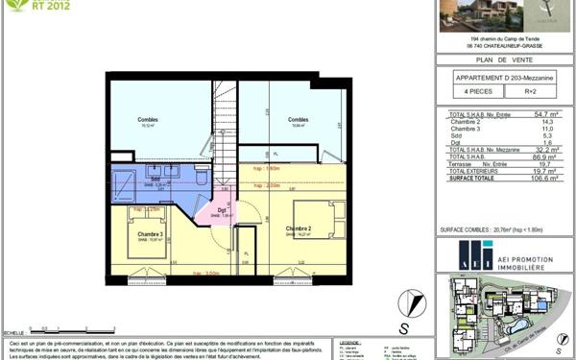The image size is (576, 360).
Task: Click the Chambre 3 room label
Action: [149, 235]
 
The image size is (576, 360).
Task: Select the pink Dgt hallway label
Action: [221, 210]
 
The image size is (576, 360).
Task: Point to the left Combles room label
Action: [148, 120]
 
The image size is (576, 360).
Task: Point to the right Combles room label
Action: [298, 120]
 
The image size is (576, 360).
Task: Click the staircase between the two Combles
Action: [224, 120]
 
